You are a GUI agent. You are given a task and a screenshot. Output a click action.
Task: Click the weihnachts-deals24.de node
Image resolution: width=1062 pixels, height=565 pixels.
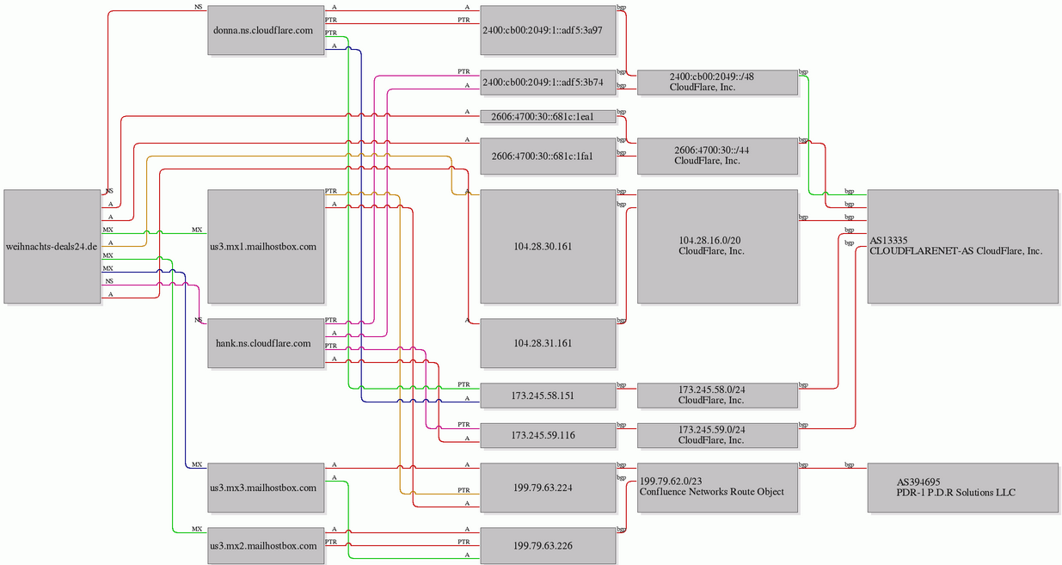click(x=52, y=247)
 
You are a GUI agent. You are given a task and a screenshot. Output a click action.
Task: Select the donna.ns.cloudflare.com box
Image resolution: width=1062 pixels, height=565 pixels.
click(x=266, y=30)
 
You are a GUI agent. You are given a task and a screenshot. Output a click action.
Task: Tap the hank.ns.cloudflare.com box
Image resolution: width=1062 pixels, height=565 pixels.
click(x=266, y=343)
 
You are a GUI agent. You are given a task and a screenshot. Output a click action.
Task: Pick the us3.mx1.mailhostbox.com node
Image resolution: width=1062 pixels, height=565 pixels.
click(x=266, y=247)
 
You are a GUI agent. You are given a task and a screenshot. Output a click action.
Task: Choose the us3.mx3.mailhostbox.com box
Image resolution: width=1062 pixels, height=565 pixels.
click(x=266, y=488)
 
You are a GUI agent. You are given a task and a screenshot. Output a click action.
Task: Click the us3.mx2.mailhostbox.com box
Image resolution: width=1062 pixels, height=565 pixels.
click(x=266, y=545)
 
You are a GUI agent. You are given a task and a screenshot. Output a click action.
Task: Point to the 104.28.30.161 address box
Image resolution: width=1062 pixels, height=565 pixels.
click(x=548, y=247)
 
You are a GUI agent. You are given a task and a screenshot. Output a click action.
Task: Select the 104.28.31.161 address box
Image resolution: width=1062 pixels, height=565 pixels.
click(x=548, y=343)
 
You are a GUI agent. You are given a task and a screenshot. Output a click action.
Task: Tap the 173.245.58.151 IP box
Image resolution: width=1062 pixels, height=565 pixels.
click(x=548, y=396)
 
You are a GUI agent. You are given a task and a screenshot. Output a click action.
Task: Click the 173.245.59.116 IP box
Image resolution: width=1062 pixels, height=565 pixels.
click(x=548, y=435)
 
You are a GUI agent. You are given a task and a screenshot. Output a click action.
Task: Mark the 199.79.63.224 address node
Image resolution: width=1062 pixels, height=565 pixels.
click(x=548, y=488)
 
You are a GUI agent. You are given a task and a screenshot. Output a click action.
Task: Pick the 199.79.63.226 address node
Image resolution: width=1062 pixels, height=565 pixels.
click(x=548, y=545)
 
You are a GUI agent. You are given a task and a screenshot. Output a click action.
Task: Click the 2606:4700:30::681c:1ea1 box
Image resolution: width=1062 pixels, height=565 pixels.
click(x=548, y=117)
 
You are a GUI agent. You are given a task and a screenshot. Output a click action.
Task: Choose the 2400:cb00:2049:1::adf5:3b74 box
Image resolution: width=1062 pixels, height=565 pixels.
click(x=548, y=83)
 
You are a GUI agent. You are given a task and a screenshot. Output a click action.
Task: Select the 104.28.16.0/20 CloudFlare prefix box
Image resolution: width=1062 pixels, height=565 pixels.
click(x=717, y=247)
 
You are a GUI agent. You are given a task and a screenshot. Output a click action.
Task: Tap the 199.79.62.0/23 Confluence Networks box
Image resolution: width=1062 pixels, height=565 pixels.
click(x=717, y=488)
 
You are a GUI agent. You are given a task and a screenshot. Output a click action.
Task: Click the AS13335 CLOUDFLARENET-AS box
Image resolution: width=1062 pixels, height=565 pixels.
click(x=963, y=247)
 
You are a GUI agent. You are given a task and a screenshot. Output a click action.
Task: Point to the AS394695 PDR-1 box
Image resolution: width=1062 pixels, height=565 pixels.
click(x=963, y=488)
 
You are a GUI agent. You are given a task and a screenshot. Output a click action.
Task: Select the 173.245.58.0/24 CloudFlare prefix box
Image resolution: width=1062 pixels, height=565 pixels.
click(x=717, y=396)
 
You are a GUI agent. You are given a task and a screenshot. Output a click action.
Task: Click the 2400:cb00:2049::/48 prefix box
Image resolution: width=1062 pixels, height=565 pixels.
click(x=717, y=83)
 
